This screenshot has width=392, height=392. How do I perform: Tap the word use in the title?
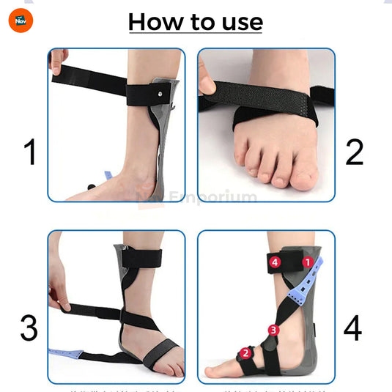coord(238,22)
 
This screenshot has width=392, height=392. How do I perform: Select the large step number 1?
coord(29,153)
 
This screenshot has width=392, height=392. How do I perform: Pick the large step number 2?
coord(354,153)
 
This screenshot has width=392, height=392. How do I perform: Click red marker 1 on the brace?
coord(308,261)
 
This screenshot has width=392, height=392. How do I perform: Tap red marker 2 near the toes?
coord(245,352)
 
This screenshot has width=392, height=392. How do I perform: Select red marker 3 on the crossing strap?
coord(273,330)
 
